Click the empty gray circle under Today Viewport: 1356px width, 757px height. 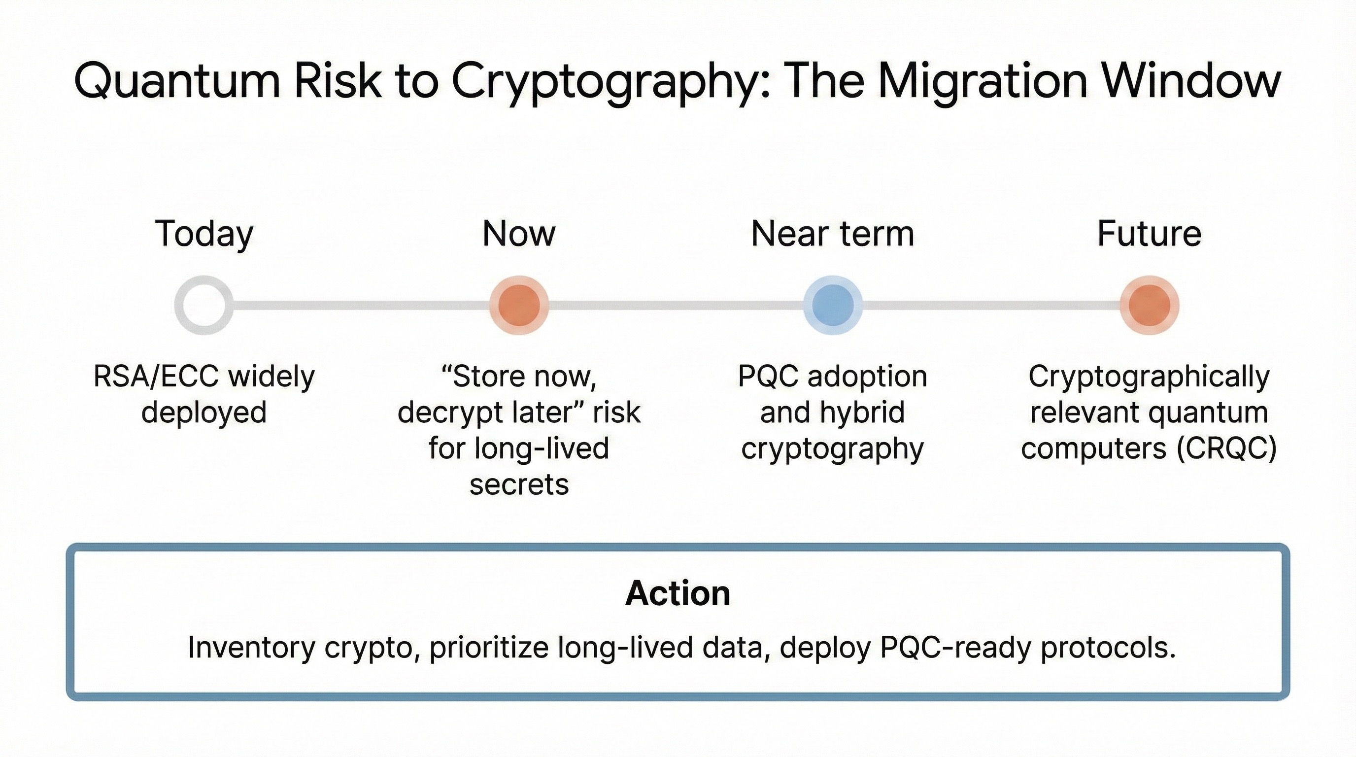(203, 306)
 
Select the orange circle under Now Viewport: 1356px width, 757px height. (518, 306)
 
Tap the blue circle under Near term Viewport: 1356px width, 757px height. (833, 306)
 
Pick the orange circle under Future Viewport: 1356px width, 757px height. (1149, 306)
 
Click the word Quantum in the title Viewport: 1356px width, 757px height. (177, 82)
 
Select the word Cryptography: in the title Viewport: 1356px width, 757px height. (610, 82)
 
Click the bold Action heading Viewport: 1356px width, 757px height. (678, 593)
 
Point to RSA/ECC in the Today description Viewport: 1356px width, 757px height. (156, 377)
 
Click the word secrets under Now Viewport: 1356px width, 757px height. (519, 484)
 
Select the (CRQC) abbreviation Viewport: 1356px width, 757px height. (1226, 448)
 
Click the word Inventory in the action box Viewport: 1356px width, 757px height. (251, 648)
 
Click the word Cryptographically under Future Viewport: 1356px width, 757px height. (1149, 377)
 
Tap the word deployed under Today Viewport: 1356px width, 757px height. (203, 412)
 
